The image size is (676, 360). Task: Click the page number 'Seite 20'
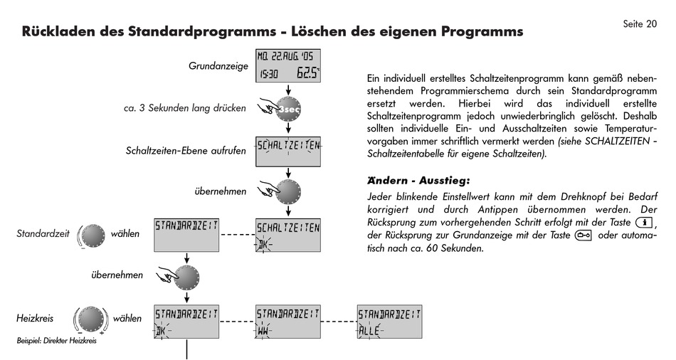[x=640, y=24]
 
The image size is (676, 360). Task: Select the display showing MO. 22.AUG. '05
[x=287, y=66]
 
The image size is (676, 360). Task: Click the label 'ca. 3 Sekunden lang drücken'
[x=184, y=109]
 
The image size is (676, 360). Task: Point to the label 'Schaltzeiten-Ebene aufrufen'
[x=186, y=151]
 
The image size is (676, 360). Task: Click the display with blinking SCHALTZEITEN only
[x=287, y=151]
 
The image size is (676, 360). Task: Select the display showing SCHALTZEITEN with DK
[x=287, y=235]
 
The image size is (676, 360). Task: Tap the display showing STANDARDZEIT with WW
[x=287, y=322]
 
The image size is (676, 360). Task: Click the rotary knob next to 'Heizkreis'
[x=92, y=319]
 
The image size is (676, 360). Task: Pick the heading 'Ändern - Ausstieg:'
[x=418, y=181]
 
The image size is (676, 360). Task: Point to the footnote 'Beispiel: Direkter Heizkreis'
[x=56, y=341]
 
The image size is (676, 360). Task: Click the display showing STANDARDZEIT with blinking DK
[x=186, y=322]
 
